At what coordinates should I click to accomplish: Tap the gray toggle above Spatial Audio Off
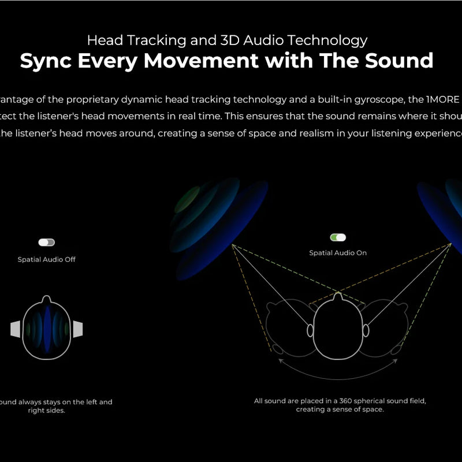click(46, 243)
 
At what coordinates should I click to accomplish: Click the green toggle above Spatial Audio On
click(338, 237)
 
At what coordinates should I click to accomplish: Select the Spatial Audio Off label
click(46, 259)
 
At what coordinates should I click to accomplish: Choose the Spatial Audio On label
click(338, 253)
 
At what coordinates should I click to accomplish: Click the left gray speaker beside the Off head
click(16, 329)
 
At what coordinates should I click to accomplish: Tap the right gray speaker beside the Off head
click(77, 329)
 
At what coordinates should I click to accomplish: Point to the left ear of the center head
click(310, 330)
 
